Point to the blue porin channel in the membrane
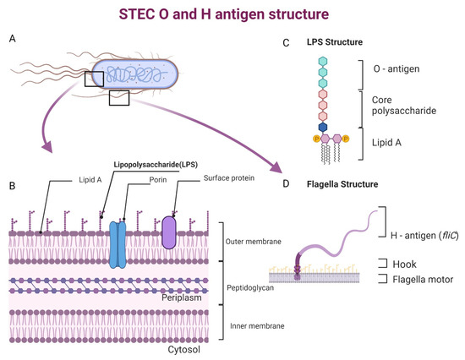click(x=117, y=244)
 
